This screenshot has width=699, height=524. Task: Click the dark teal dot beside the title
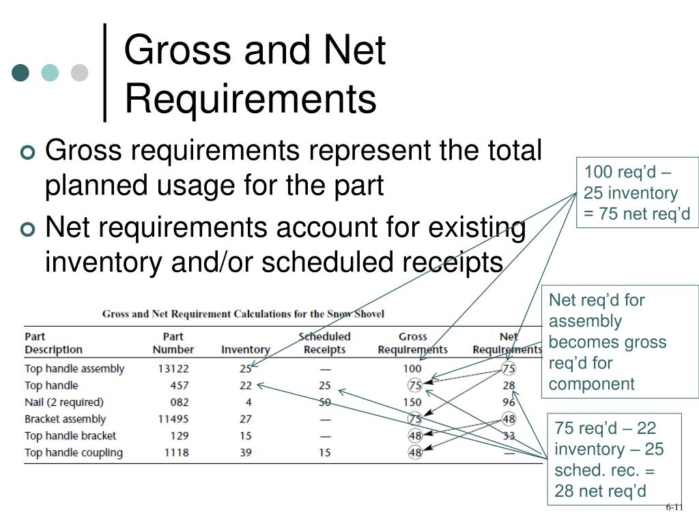coord(21,72)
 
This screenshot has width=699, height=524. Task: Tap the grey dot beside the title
coord(80,72)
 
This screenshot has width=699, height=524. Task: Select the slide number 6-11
coord(674,507)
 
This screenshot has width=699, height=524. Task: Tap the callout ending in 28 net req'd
coord(610,459)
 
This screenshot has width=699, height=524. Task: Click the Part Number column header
coord(173,343)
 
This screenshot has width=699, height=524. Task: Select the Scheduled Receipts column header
coord(324,343)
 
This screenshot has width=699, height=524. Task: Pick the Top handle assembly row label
coord(74,368)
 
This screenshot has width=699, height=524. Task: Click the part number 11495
coord(173,419)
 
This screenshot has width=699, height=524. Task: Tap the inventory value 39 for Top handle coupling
coord(246,452)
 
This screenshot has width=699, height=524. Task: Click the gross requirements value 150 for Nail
coord(412,402)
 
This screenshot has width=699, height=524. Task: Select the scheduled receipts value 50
coord(324,402)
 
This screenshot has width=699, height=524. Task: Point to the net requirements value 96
coord(509,402)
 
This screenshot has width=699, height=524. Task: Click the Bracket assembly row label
coord(65,419)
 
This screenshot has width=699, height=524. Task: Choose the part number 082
coord(180,402)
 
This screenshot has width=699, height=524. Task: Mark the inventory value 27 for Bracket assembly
coord(246,419)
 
